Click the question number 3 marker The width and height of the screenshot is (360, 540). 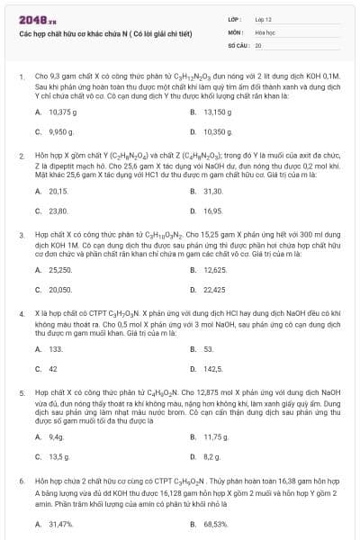point(21,231)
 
